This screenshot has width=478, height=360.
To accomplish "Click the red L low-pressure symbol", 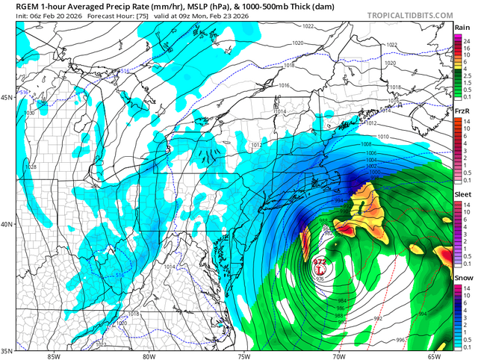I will tap(320, 270).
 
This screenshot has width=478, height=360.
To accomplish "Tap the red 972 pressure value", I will tap(320, 261).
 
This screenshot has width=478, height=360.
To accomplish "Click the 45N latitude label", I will tap(7, 98).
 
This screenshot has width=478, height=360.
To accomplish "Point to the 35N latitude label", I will tap(7, 350).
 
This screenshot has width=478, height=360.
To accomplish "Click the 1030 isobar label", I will tap(30, 113).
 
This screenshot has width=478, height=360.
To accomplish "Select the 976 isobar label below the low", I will tap(320, 279).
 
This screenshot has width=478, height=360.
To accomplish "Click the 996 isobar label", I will tap(401, 340).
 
